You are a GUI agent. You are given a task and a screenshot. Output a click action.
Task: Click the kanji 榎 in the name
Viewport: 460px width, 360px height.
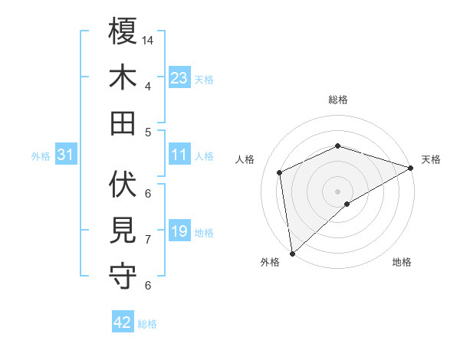click(123, 31)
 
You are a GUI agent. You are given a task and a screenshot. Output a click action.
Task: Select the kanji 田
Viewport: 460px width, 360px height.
click(123, 122)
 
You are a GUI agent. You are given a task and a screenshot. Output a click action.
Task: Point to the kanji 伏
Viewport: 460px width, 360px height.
click(123, 185)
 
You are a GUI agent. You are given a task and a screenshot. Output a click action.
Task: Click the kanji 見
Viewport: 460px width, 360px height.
click(123, 230)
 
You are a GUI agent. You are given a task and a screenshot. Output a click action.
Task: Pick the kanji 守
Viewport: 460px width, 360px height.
click(123, 275)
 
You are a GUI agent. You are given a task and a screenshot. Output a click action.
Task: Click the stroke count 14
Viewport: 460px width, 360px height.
click(149, 39)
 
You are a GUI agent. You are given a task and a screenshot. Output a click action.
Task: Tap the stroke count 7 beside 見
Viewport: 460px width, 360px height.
click(147, 239)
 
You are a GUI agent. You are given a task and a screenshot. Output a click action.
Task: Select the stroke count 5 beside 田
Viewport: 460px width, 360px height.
click(147, 132)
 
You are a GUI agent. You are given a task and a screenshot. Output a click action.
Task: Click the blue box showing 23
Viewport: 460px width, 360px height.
click(179, 78)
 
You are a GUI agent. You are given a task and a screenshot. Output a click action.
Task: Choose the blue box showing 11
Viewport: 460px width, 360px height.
click(179, 155)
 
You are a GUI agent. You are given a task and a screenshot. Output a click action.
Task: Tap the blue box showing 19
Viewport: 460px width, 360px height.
click(179, 231)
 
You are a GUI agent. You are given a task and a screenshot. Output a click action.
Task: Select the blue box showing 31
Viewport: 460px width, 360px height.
click(66, 155)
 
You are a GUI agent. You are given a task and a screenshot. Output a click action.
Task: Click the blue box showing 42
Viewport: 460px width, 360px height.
click(122, 322)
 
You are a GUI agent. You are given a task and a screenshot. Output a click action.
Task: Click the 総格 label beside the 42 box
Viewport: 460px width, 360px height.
click(147, 323)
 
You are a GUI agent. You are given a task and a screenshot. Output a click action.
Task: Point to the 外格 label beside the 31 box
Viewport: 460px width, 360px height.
click(41, 156)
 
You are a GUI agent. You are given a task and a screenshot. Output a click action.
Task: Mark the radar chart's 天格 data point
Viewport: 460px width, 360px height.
click(411, 169)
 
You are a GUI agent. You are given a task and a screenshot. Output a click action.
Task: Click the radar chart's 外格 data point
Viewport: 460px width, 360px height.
click(292, 253)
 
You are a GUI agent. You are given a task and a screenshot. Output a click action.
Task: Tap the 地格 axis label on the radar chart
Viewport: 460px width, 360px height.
click(402, 263)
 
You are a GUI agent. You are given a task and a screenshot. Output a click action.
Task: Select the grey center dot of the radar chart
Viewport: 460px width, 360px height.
click(337, 190)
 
